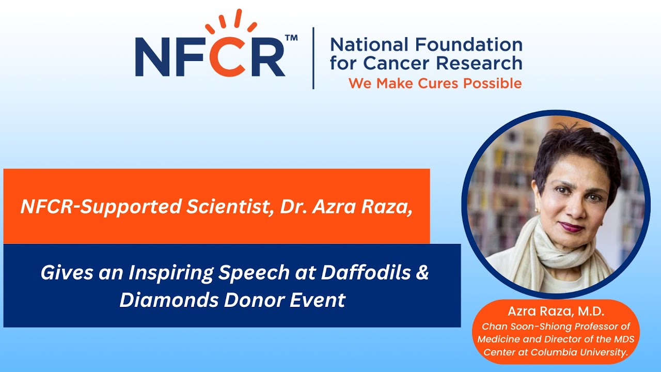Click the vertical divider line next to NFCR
coord(313,58)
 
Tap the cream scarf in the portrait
coord(563,258)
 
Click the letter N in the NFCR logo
coord(154,56)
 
